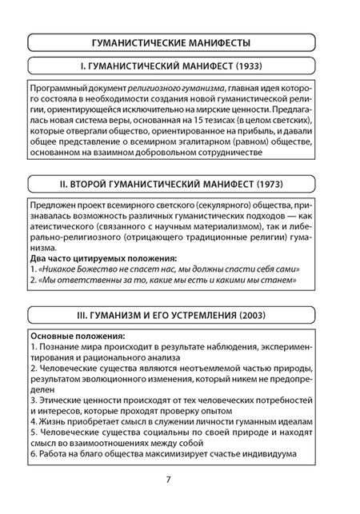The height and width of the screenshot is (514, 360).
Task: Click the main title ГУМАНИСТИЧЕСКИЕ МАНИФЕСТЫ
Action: pos(179,42)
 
